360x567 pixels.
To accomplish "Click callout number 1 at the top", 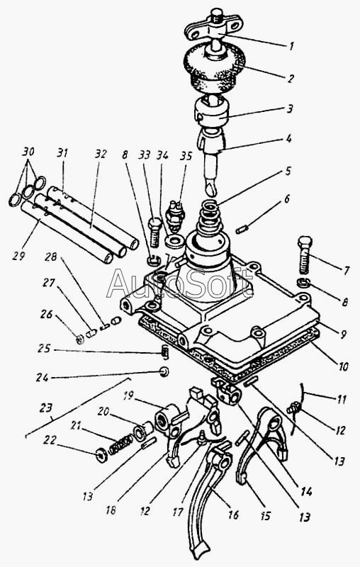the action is coord(291,46).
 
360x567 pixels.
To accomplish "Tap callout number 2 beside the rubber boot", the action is coord(291,78).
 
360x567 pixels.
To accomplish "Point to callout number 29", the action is coord(19,256).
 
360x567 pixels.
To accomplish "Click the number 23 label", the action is coord(46,408).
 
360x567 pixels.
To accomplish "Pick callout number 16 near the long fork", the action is coord(233,515).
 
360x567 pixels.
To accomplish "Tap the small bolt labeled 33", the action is coord(155,232).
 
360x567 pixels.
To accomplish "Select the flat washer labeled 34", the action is coord(173,241).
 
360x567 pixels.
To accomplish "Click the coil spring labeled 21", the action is coord(121,444).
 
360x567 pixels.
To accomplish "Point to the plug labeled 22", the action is coord(102,455).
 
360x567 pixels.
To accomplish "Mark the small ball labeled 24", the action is coord(164,371).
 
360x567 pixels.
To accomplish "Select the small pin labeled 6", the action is coord(242,229).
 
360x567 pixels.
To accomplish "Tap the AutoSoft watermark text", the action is coord(179,282).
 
